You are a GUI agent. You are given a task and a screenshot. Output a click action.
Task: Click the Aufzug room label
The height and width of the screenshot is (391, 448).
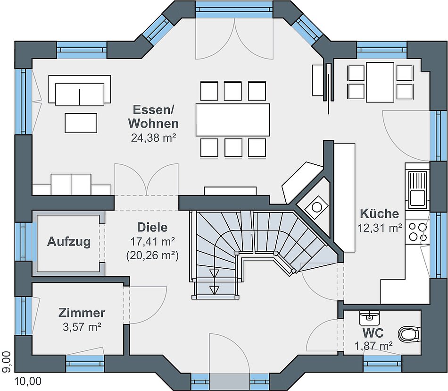[69, 242]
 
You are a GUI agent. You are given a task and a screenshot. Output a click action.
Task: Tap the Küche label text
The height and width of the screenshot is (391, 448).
[380, 213]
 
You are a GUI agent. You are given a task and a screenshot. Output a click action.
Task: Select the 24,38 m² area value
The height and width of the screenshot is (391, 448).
[153, 138]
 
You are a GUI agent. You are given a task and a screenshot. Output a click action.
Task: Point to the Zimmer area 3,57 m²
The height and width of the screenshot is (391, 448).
[82, 327]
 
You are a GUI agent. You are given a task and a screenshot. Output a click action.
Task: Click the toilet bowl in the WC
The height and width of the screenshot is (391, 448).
[409, 334]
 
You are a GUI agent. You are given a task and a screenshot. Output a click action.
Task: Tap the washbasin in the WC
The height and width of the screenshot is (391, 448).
[369, 317]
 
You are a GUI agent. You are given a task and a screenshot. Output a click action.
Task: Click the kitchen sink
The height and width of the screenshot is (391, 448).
[417, 188]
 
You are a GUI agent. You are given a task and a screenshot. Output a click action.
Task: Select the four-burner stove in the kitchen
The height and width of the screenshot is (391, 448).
[417, 232]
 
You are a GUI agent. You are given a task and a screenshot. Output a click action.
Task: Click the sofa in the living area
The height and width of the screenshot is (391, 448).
[80, 90]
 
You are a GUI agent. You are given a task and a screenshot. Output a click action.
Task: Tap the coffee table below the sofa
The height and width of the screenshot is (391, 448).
[81, 123]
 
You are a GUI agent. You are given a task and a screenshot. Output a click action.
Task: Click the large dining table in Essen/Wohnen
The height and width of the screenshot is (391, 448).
[233, 120]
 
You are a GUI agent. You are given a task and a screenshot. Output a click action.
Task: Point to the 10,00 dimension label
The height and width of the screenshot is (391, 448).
[28, 381]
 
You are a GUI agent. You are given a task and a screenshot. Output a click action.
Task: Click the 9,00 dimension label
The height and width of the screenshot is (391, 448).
[6, 362]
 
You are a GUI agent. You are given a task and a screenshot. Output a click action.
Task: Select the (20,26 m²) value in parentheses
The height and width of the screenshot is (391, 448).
[153, 255]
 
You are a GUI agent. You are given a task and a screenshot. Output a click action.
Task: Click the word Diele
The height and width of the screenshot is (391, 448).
[152, 228]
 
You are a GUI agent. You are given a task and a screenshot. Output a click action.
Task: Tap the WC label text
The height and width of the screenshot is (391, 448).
[373, 333]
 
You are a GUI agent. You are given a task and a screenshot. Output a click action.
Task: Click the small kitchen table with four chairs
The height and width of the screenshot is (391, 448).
[380, 82]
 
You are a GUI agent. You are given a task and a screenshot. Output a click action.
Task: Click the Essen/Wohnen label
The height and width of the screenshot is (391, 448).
[153, 117]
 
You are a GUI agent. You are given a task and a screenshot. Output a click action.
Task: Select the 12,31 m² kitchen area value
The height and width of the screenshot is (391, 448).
[380, 228]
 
